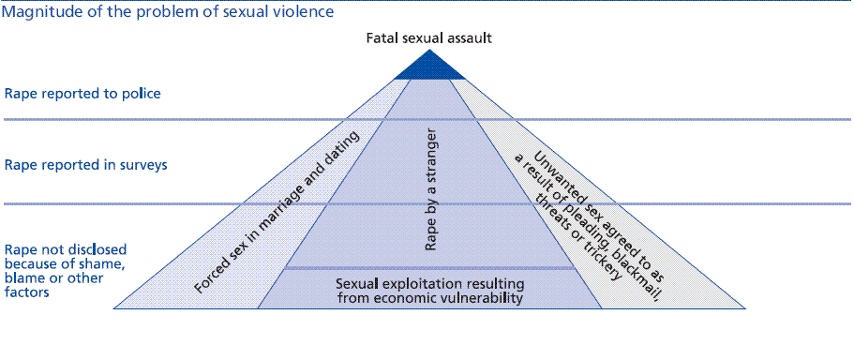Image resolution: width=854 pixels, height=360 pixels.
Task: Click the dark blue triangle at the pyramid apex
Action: [x=428, y=68]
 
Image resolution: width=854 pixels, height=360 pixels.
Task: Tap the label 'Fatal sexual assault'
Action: [x=428, y=38]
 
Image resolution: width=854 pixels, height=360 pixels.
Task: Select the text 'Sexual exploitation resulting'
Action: [x=429, y=283]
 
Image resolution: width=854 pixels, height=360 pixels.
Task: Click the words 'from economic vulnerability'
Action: [x=429, y=298]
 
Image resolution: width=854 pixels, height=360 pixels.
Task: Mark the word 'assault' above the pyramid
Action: [x=469, y=38]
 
